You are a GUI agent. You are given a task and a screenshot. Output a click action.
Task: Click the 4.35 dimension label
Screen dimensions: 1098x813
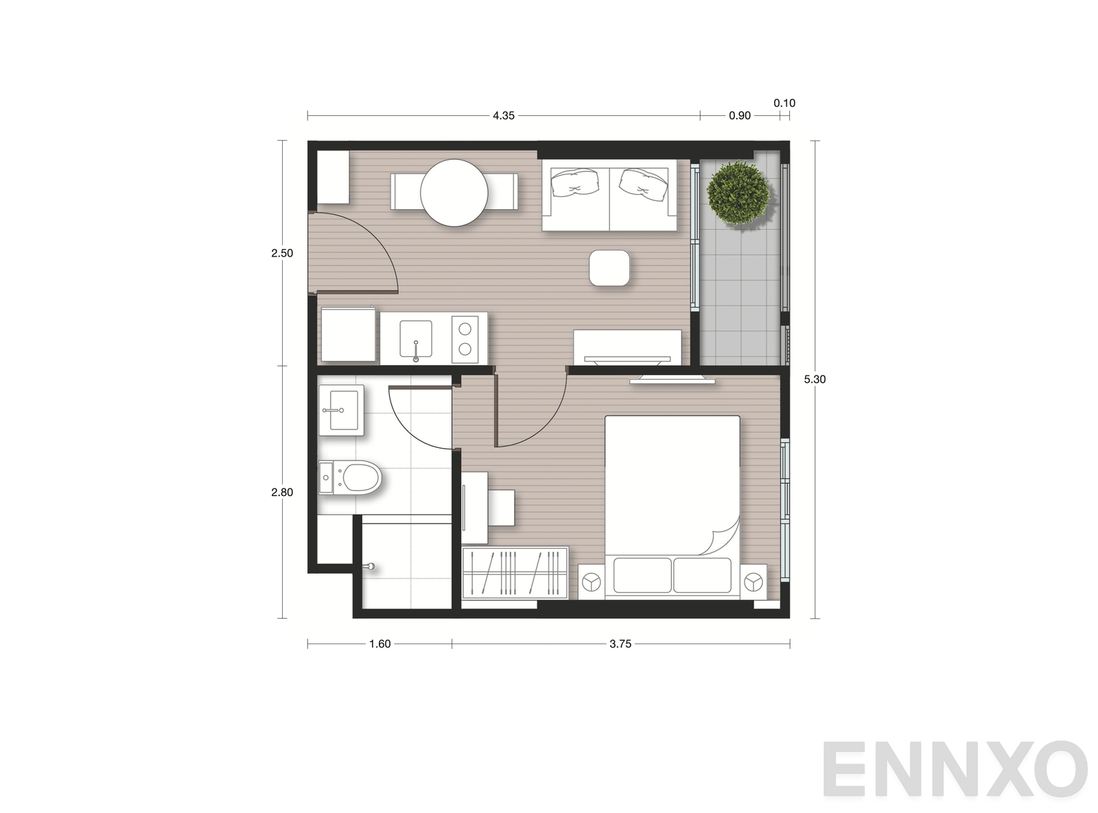click(x=504, y=116)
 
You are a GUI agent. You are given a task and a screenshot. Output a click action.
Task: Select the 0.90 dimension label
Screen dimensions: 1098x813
click(x=740, y=116)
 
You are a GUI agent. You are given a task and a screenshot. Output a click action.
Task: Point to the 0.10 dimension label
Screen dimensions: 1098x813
click(x=784, y=104)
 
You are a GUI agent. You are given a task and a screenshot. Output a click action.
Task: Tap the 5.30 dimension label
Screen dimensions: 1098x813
click(x=815, y=379)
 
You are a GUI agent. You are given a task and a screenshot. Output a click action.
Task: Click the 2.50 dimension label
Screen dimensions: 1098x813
click(x=281, y=254)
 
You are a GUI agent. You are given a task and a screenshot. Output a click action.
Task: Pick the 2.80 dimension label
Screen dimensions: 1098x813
click(x=281, y=492)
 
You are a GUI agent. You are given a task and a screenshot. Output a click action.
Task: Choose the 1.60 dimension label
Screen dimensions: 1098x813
click(x=379, y=644)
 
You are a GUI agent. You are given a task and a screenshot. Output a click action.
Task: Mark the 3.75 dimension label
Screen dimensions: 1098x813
click(x=620, y=644)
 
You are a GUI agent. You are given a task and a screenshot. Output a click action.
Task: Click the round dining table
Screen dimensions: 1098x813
click(x=454, y=193)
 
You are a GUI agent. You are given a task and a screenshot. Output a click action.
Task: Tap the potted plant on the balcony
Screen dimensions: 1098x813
click(x=738, y=193)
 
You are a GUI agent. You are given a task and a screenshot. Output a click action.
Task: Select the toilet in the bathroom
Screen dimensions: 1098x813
click(x=349, y=478)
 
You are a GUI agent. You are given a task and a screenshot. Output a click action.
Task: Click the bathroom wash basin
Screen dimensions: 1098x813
click(x=341, y=410)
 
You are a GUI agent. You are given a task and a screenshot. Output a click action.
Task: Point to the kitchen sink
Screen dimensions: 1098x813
click(x=416, y=339)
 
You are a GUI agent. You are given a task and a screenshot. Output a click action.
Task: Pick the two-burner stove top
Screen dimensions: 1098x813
click(x=465, y=339)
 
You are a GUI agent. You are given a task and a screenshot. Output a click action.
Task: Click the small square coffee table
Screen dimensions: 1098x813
click(x=609, y=268)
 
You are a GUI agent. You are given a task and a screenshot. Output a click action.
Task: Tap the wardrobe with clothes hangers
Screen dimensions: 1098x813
click(x=515, y=572)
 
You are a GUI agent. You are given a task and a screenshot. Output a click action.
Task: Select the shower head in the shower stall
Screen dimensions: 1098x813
click(x=369, y=567)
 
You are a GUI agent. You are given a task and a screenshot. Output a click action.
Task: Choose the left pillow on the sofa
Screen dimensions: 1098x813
click(x=576, y=182)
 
